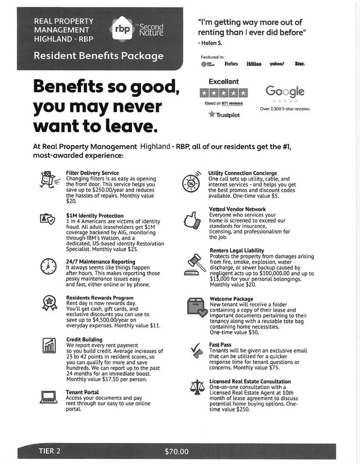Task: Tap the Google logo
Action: click(285, 91)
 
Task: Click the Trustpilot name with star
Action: click(224, 115)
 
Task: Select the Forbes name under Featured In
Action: click(231, 64)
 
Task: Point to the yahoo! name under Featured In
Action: click(277, 64)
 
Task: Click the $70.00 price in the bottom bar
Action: click(177, 451)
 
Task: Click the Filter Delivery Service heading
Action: click(92, 173)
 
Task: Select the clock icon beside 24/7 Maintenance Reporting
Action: click(48, 266)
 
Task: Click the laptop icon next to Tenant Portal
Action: click(48, 396)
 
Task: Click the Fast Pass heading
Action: click(220, 345)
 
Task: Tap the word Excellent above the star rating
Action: click(223, 81)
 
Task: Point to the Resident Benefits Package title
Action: click(99, 56)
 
